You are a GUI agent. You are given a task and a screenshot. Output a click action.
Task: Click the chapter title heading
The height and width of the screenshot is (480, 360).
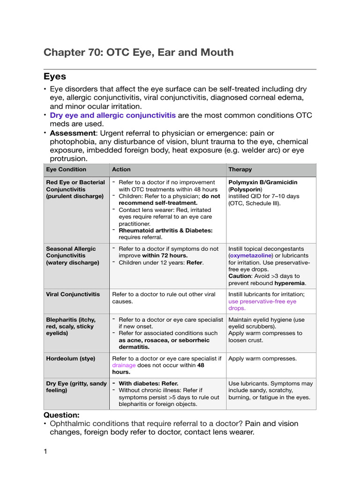138,52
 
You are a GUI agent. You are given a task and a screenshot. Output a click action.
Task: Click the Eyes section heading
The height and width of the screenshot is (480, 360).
55,76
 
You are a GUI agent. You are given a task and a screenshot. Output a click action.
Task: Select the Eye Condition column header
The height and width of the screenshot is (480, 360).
66,169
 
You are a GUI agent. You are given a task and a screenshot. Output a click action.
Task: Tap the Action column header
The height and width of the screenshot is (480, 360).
121,169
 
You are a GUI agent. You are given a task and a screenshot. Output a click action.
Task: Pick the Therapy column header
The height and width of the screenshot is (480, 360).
240,169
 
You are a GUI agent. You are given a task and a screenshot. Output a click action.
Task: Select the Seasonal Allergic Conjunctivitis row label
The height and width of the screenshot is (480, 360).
73,255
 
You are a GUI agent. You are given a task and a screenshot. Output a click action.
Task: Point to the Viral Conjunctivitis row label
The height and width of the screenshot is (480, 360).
73,294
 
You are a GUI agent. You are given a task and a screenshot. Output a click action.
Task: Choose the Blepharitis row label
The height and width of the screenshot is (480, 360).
70,326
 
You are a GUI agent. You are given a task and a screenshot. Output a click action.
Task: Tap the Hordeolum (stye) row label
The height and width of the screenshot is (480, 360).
70,359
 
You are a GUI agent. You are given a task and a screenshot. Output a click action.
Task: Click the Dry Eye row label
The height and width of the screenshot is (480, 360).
76,387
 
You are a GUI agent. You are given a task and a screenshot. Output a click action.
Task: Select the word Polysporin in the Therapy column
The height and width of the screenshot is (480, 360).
245,189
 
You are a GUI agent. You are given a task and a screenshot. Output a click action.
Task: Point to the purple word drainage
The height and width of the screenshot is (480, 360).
124,365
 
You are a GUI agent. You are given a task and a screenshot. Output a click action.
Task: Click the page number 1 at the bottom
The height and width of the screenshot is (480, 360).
45,451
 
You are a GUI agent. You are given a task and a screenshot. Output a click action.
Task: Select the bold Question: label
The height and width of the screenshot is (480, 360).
61,415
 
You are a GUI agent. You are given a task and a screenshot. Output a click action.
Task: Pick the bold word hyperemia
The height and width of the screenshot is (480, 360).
290,283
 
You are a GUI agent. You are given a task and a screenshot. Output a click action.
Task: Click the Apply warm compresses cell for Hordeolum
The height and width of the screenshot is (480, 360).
262,359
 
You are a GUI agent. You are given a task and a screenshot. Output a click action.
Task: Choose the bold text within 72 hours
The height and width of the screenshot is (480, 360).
165,255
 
